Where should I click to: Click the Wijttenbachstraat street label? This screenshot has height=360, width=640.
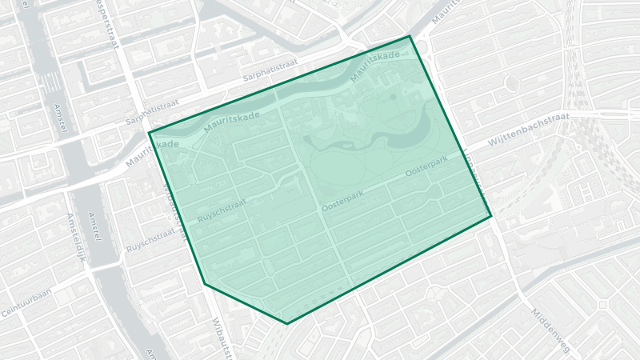tap(528, 130)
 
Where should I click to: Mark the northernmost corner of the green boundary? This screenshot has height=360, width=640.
tap(410, 36)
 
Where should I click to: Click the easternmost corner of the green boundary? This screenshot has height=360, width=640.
tap(490, 216)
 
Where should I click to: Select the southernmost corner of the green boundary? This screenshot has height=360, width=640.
tap(286, 324)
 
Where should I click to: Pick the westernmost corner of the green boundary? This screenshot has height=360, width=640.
tap(149, 133)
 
